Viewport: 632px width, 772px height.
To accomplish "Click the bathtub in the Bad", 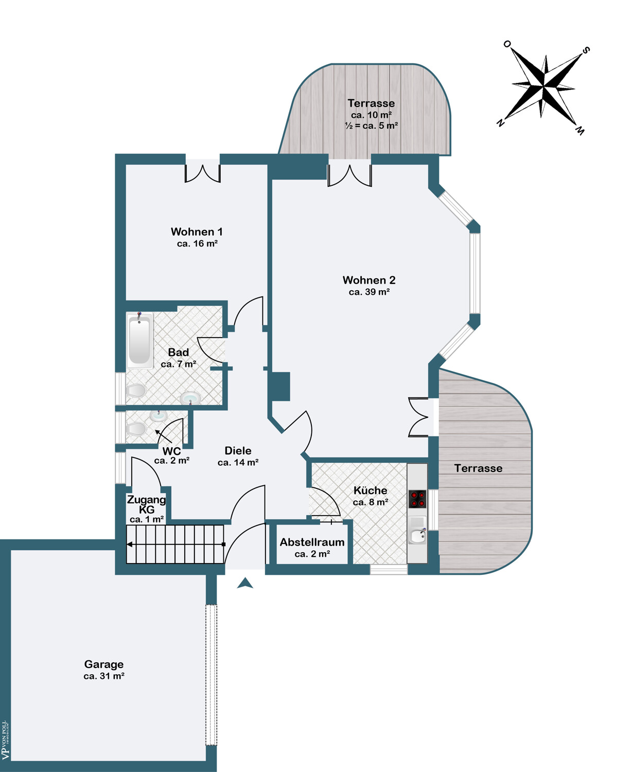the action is (139, 340).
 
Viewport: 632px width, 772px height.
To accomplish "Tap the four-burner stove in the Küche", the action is (417, 499).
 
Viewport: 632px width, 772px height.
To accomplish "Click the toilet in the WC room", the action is (136, 429).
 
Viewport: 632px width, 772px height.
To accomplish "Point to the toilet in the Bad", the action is (136, 390).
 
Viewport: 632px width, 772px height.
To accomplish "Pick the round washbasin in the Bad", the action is (190, 398).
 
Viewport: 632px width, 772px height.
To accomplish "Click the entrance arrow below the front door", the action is (245, 583).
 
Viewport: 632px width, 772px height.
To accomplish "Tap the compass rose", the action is (543, 87).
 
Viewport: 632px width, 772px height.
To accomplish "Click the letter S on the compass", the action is (586, 50).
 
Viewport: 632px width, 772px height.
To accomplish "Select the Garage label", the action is (104, 664).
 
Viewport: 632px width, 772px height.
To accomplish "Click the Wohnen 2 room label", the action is (369, 280).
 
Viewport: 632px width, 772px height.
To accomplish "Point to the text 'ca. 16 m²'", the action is (197, 243).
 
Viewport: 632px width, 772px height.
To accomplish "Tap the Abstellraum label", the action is (312, 542).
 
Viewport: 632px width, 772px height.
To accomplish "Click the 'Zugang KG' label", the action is (147, 504).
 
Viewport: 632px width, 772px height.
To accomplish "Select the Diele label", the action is (238, 451).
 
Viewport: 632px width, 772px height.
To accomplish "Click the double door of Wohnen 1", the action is (202, 173).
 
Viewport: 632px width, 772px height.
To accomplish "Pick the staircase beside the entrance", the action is (175, 545).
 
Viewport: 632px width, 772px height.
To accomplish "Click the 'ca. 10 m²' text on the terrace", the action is (371, 115).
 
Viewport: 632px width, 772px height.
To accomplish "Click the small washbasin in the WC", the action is (159, 415).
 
